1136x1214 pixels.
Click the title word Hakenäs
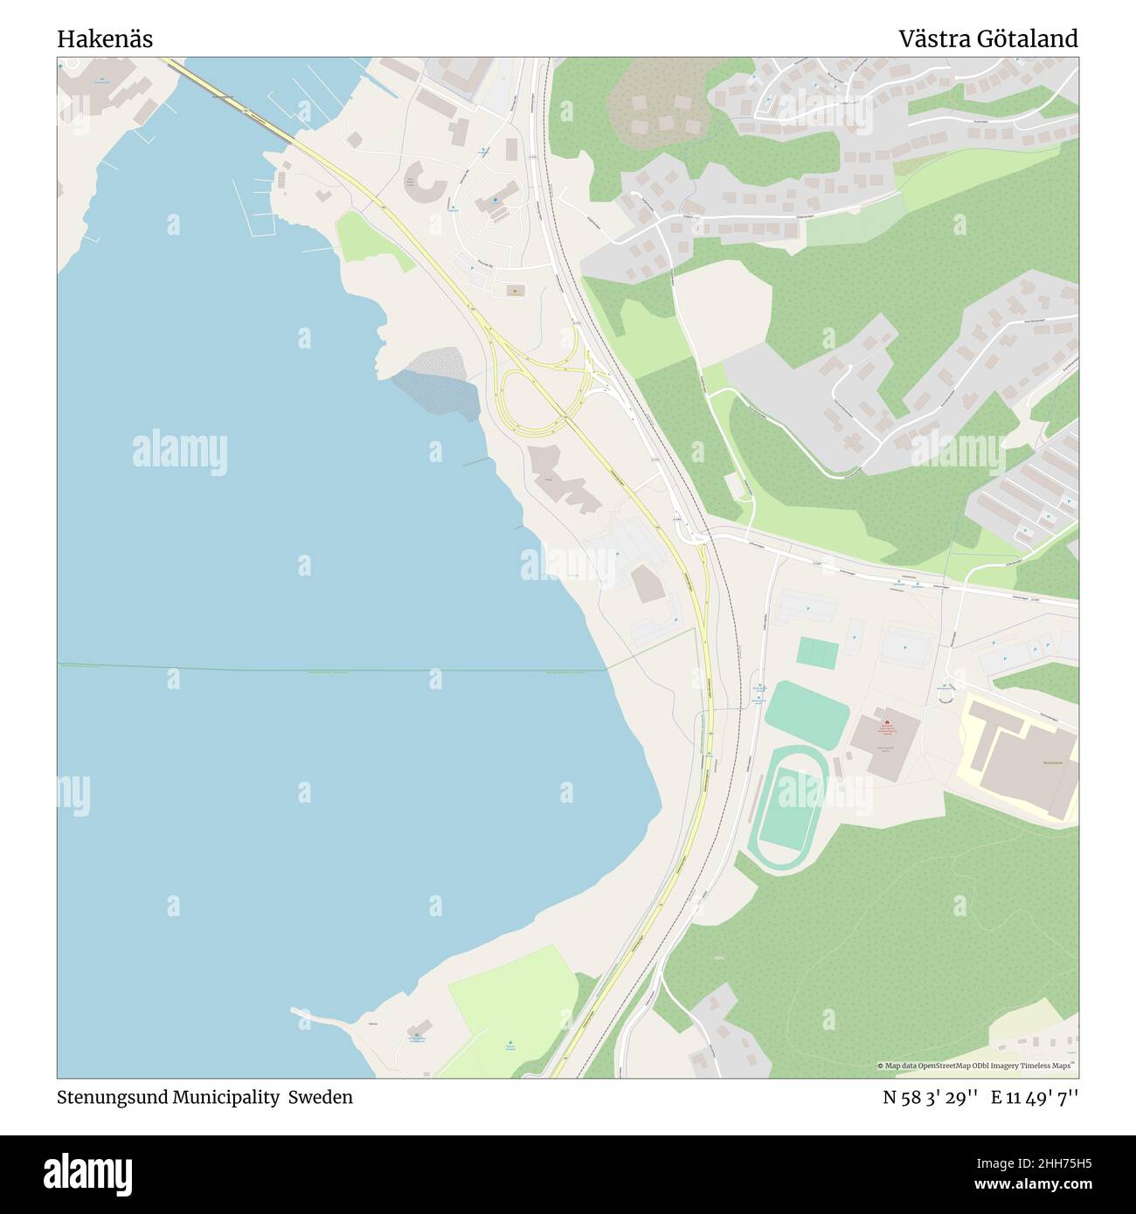[105, 39]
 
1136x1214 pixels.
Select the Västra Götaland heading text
[988, 39]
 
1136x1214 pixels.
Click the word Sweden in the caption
[324, 1097]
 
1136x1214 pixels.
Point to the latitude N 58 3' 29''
[930, 1098]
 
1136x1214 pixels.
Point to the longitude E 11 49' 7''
[1035, 1098]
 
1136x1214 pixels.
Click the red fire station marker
[886, 723]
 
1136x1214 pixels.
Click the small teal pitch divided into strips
[818, 652]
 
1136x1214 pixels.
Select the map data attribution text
[977, 1066]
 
